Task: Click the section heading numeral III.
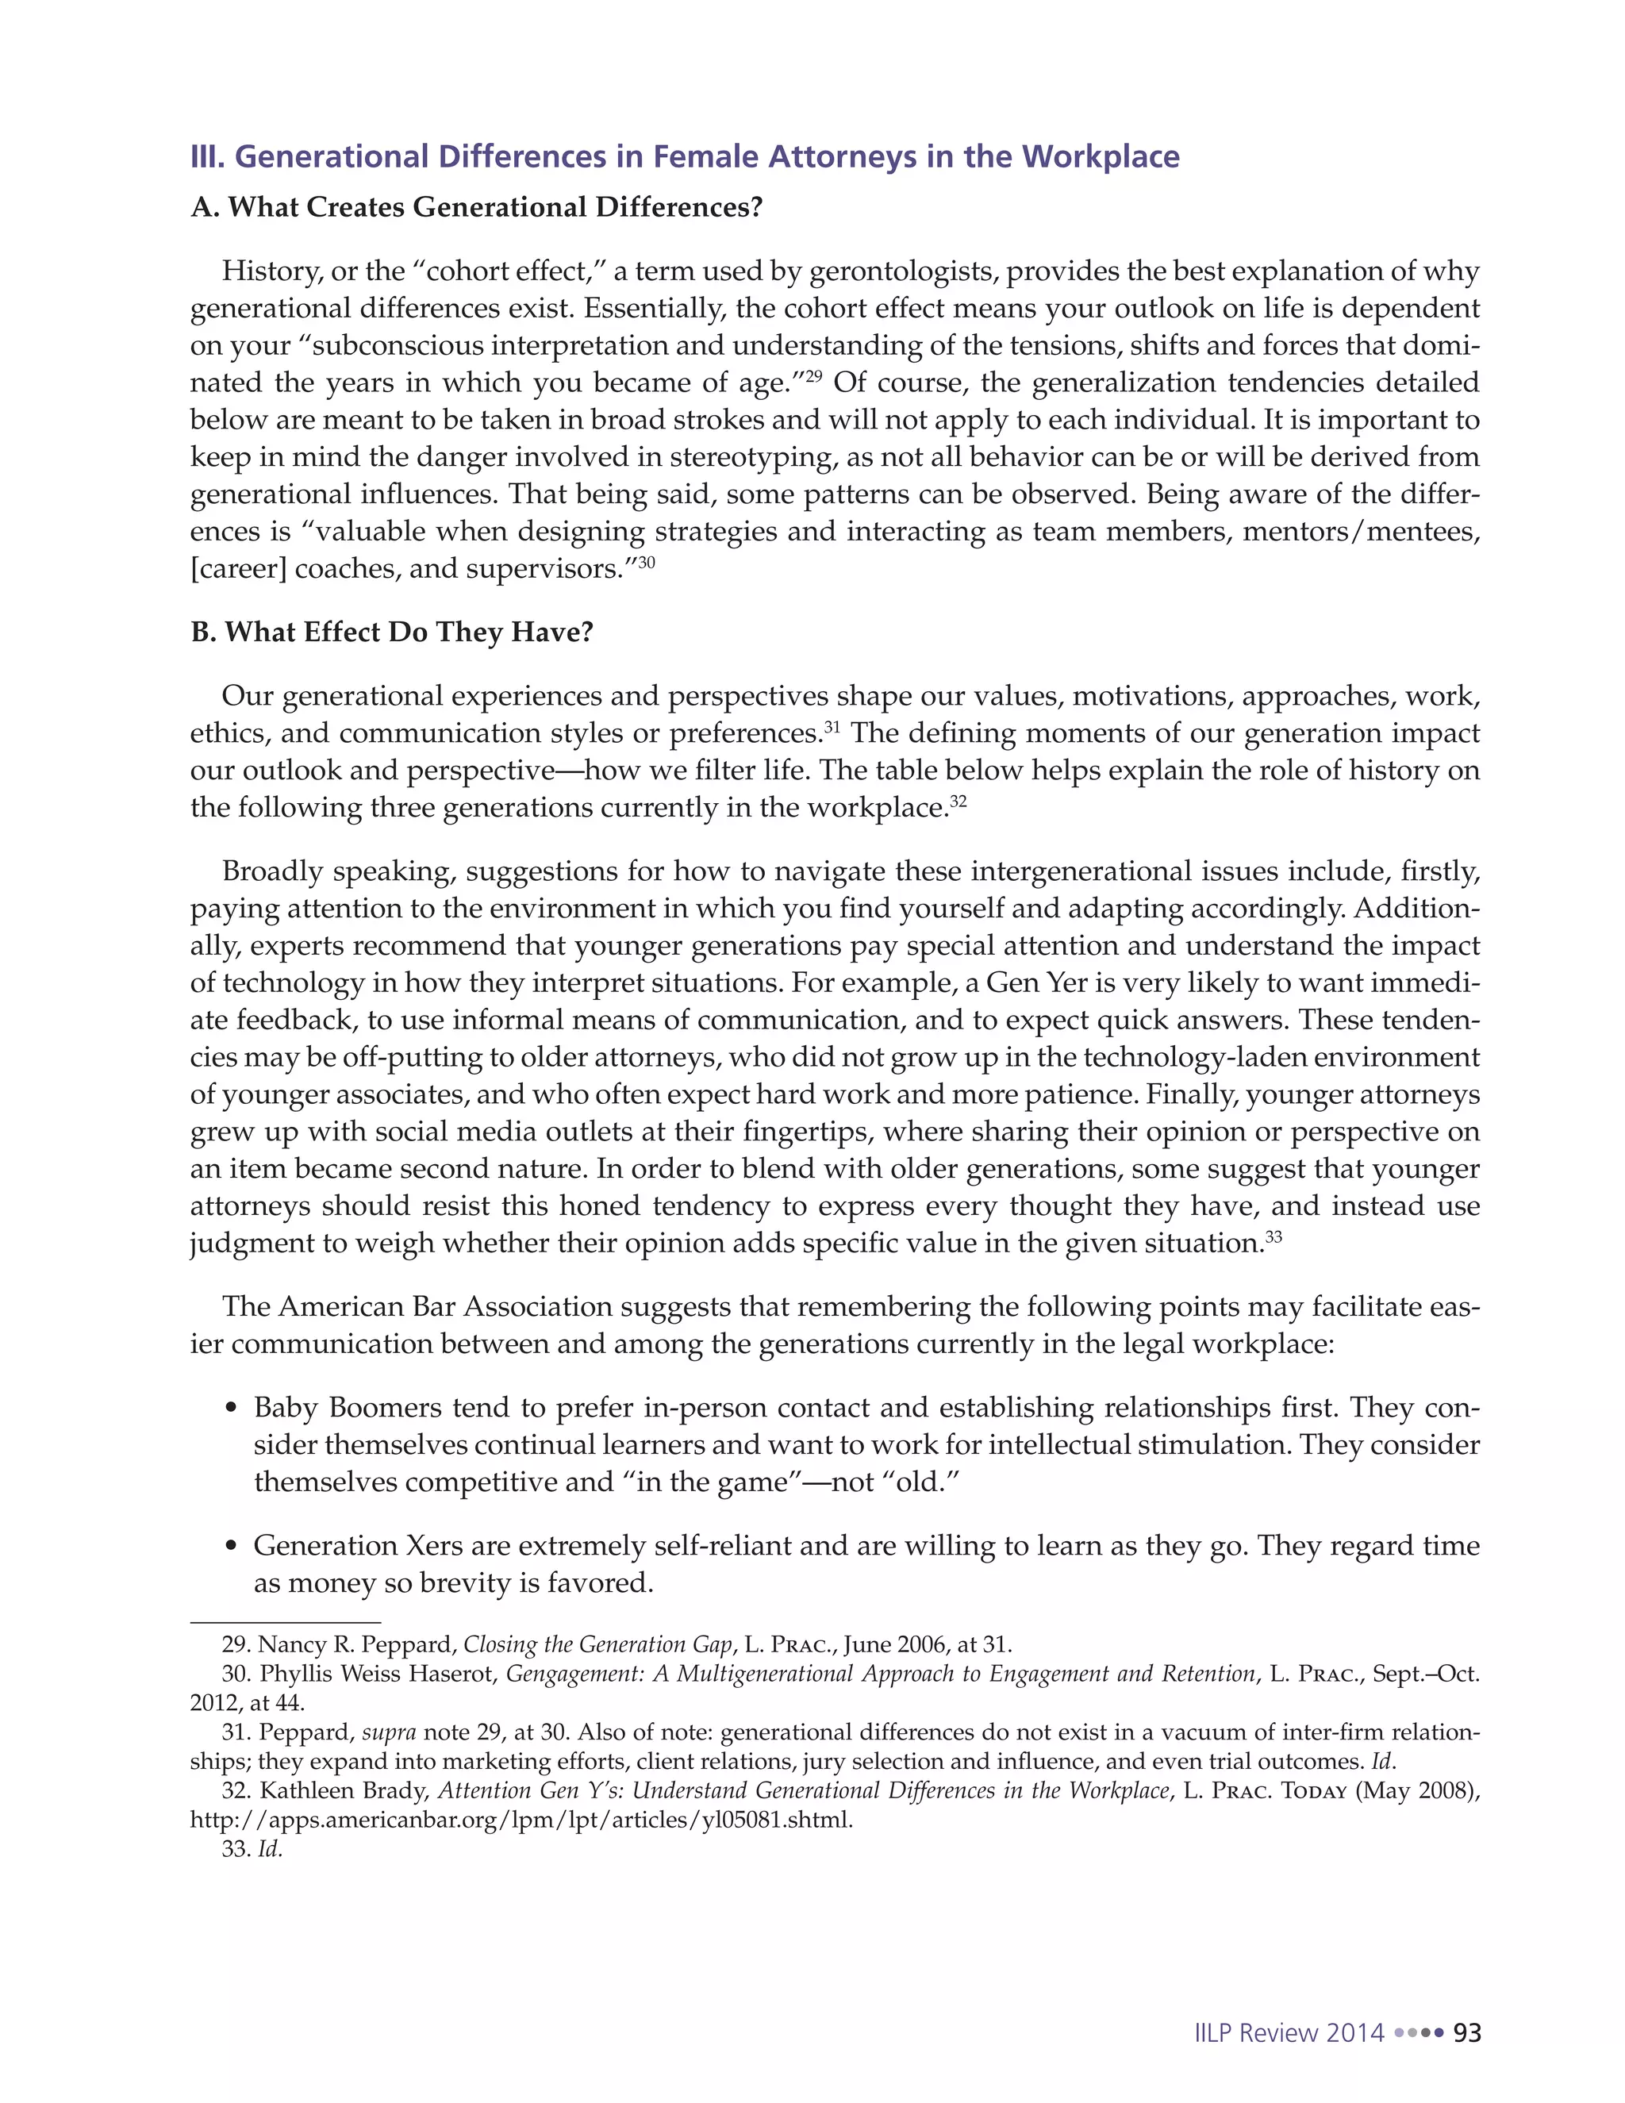pos(207,156)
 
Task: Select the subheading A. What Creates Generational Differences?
pos(477,207)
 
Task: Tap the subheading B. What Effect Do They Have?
pos(392,632)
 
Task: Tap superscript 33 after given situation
pos(1273,1236)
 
